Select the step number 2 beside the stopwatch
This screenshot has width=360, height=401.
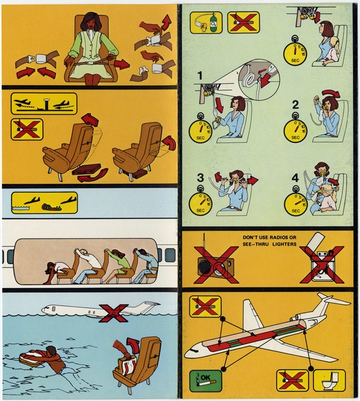point(294,104)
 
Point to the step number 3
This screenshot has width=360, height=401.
point(199,178)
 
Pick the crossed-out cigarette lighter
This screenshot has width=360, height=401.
point(320,262)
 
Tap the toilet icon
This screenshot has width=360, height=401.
point(329,381)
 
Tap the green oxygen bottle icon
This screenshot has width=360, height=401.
point(207,21)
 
